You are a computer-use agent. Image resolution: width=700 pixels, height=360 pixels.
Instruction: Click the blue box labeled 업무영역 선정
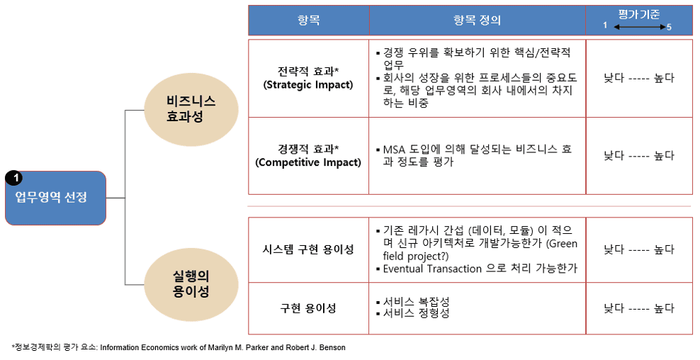(55, 198)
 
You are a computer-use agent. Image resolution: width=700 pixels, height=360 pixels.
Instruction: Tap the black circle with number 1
(14, 179)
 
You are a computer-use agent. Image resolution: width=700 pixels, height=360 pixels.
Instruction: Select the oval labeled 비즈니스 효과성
(191, 108)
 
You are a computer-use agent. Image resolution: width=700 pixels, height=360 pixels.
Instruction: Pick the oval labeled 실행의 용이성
(191, 284)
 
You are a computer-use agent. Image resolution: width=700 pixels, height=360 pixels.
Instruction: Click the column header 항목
(308, 20)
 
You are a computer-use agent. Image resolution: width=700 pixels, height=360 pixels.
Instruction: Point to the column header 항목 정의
(478, 20)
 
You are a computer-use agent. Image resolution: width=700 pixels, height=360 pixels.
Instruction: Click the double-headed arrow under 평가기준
(640, 27)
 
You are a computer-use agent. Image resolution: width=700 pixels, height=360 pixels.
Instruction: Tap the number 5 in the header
(669, 27)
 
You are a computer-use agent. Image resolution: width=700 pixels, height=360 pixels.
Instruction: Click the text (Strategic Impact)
(308, 85)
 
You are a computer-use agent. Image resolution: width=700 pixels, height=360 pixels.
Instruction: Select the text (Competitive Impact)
(308, 162)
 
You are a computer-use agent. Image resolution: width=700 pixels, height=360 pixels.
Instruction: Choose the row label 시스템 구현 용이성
(308, 249)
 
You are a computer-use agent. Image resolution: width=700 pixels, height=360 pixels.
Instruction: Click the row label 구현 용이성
(308, 308)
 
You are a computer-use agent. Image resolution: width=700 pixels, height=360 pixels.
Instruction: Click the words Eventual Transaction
(432, 269)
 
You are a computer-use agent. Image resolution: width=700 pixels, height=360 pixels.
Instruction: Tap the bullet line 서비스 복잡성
(413, 302)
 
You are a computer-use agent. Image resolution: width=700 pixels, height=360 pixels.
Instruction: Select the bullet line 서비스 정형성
(413, 313)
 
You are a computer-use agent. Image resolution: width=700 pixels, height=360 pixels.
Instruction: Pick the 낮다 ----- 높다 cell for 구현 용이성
(639, 308)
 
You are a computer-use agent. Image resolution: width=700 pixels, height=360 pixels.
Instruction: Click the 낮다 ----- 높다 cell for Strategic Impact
(639, 78)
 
